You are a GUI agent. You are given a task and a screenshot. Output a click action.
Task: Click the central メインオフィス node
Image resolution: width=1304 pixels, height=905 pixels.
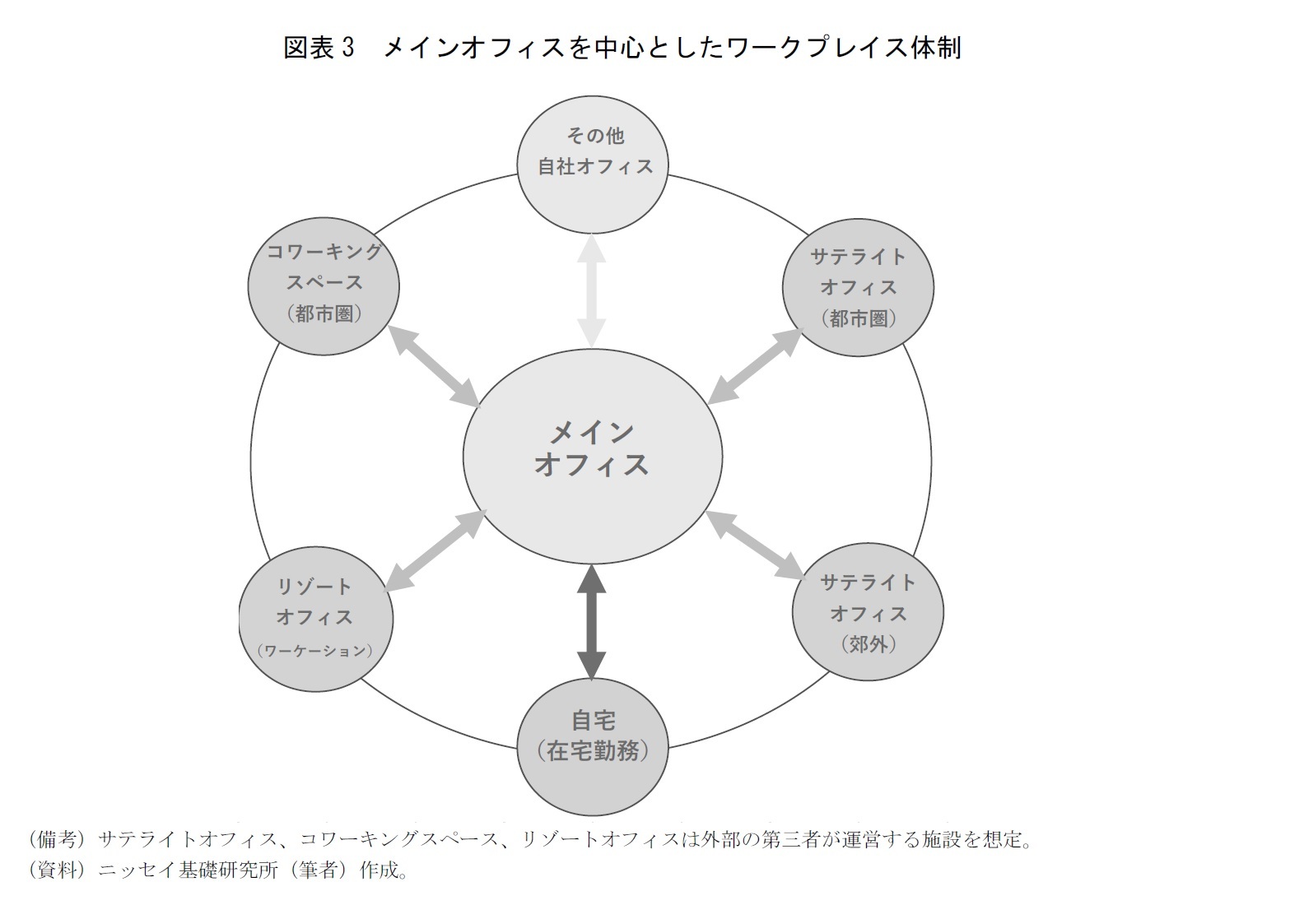[x=592, y=456]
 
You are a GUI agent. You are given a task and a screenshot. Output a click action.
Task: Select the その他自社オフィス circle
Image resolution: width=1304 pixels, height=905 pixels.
[x=592, y=164]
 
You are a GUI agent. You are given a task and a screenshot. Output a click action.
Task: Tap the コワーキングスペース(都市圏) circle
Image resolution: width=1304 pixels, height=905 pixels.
[x=324, y=285]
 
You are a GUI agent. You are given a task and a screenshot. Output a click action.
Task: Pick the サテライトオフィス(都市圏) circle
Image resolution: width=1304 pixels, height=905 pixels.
[x=858, y=287]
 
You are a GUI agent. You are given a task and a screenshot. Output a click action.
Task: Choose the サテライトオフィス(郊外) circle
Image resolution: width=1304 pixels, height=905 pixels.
[x=868, y=611]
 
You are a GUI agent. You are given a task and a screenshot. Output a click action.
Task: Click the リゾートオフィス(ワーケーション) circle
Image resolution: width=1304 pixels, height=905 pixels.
[x=315, y=617]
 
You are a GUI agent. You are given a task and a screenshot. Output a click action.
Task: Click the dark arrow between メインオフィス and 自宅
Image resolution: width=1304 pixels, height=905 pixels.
[x=591, y=623]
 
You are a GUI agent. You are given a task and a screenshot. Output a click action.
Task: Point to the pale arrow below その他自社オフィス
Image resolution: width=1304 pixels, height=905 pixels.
[x=591, y=292]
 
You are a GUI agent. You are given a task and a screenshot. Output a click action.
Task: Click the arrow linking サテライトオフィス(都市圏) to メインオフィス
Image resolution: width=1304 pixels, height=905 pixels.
[x=755, y=366]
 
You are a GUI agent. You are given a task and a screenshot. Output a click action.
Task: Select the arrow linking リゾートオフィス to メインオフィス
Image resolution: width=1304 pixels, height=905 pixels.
[x=435, y=550]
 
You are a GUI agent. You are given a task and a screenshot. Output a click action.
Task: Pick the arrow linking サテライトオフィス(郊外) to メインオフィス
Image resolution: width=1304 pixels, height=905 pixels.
[x=754, y=544]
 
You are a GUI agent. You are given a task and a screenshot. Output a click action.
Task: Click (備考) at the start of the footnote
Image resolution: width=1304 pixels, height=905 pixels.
[x=56, y=839]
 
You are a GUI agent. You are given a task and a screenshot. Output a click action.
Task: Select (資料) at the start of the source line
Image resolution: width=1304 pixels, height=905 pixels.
[x=56, y=870]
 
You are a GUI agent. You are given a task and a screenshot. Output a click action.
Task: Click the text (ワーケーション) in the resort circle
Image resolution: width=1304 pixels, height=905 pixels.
[x=315, y=651]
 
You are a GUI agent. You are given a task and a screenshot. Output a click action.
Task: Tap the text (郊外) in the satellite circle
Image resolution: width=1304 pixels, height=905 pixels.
[x=868, y=643]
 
